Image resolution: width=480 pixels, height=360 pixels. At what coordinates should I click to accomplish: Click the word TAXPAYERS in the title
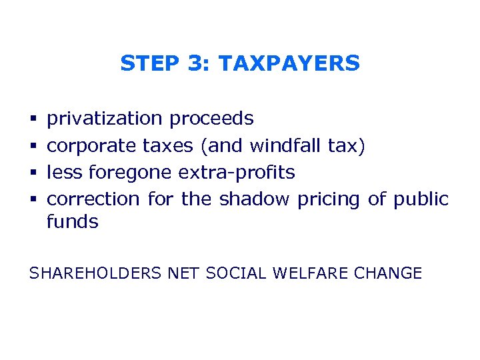point(289,63)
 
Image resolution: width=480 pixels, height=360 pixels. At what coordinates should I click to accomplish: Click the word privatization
point(105,119)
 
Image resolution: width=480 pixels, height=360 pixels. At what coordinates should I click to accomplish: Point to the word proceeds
point(211,119)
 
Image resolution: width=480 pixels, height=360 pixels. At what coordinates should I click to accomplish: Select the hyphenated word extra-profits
point(237,173)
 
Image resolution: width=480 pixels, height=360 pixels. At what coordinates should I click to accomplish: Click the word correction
point(93,199)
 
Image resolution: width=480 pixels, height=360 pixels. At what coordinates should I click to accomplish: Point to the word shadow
point(255,199)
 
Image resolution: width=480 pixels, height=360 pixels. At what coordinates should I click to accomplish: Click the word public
point(421,199)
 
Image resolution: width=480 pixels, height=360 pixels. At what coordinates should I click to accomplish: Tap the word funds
point(73,221)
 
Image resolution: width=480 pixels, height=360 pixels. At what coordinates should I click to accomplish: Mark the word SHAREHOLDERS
point(95,273)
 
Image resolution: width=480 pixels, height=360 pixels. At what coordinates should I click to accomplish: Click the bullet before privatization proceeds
point(33,119)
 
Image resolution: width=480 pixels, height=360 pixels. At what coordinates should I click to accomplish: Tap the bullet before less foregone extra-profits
point(33,173)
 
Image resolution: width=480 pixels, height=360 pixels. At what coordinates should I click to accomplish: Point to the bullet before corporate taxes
point(33,146)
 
